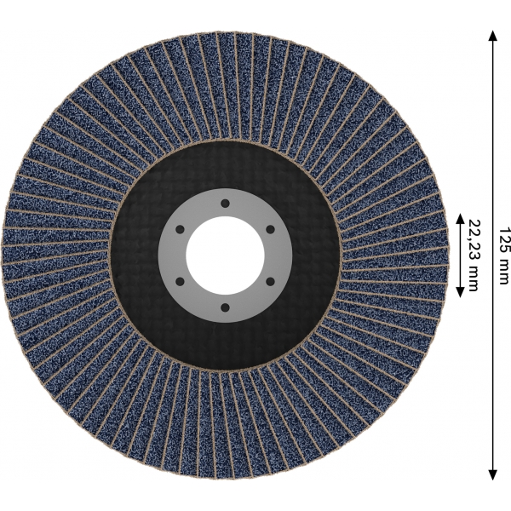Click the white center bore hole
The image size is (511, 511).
click(x=225, y=255)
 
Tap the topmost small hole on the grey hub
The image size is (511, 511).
click(x=225, y=204)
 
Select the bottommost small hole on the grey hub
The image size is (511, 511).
click(x=225, y=307)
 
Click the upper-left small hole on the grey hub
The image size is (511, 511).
click(x=181, y=229)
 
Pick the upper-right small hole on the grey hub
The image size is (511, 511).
click(x=270, y=229)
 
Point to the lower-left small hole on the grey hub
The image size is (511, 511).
click(x=181, y=281)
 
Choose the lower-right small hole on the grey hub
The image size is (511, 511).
click(x=270, y=281)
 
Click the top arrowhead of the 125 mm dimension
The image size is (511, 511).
click(x=493, y=36)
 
